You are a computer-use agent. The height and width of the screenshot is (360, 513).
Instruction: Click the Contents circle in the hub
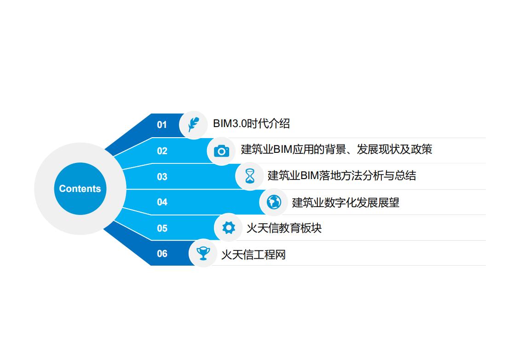click(x=80, y=188)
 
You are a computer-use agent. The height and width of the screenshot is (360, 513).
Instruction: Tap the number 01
click(x=162, y=125)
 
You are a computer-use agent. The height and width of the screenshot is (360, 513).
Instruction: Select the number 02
click(x=162, y=151)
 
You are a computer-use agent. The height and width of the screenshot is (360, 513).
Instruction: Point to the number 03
click(x=162, y=177)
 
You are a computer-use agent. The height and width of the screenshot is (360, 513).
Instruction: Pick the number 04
click(x=162, y=202)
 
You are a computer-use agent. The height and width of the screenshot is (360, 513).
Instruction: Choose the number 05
click(x=162, y=228)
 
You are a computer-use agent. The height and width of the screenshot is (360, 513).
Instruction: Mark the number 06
click(x=162, y=254)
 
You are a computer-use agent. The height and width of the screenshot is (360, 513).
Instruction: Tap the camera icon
click(x=221, y=151)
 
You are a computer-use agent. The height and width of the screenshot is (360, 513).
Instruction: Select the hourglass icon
click(x=250, y=176)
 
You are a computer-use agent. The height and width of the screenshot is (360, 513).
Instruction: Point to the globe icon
click(x=274, y=202)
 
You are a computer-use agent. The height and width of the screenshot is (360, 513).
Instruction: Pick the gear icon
click(x=228, y=227)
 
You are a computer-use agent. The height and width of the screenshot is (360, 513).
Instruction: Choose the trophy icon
click(x=203, y=253)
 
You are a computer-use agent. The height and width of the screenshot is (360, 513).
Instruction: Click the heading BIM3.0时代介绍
click(x=251, y=124)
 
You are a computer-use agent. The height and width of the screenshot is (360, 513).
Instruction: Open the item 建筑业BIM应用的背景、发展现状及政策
click(x=336, y=150)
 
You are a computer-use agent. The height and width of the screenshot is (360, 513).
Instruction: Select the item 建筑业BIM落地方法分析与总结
click(x=341, y=176)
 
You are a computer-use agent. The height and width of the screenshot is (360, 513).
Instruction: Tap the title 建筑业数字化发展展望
click(x=346, y=203)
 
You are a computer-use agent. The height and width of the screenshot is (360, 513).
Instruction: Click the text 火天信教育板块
click(x=284, y=228)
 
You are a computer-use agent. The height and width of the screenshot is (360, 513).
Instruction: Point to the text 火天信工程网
click(x=253, y=255)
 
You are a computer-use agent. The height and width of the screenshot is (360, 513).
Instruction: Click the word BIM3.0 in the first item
click(x=230, y=124)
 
